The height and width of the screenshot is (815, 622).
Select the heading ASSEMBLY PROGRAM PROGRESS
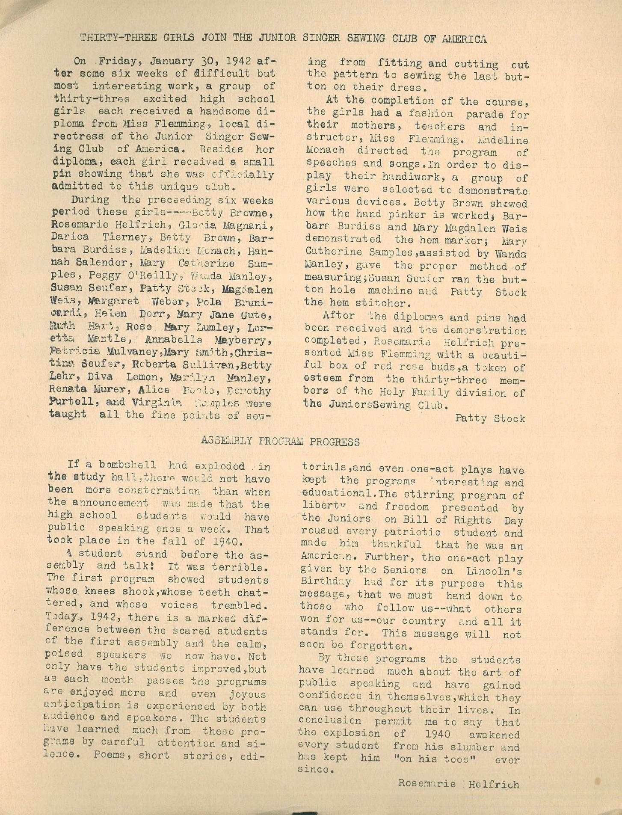(x=280, y=442)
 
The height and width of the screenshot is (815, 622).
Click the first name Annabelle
(x=174, y=341)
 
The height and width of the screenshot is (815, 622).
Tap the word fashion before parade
(x=430, y=115)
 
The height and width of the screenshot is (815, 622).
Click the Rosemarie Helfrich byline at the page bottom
(x=459, y=784)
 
